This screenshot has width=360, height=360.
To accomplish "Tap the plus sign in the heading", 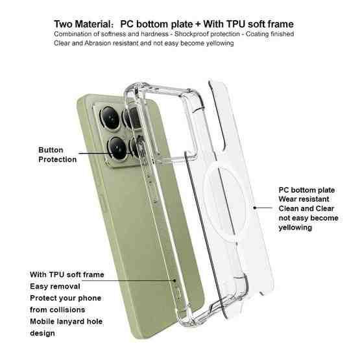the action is pos(198,25).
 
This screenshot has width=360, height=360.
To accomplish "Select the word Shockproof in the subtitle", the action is pos(191,34).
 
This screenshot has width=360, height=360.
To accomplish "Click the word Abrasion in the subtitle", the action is pos(98,43).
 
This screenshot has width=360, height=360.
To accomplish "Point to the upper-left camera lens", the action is pos(110,118).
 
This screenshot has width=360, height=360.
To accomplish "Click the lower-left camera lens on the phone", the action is pos(117,148).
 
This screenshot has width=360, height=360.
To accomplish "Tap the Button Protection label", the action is pos(57,155).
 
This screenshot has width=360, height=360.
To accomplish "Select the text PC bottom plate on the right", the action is pos(307,190).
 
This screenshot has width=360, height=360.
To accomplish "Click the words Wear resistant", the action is pos(304,199).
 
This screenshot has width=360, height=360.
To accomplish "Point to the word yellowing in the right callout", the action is pos(295,228).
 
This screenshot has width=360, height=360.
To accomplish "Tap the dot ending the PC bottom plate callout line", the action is pos(255,208).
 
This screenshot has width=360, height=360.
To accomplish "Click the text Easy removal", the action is pos(55,286).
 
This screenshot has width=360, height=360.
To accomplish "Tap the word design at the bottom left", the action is pos(42,333).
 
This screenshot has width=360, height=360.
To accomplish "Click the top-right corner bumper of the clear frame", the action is pos(195,97).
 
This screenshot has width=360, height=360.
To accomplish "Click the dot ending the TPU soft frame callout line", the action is pos(175,280).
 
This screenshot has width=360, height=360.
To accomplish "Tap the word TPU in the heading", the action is pos(236,24).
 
